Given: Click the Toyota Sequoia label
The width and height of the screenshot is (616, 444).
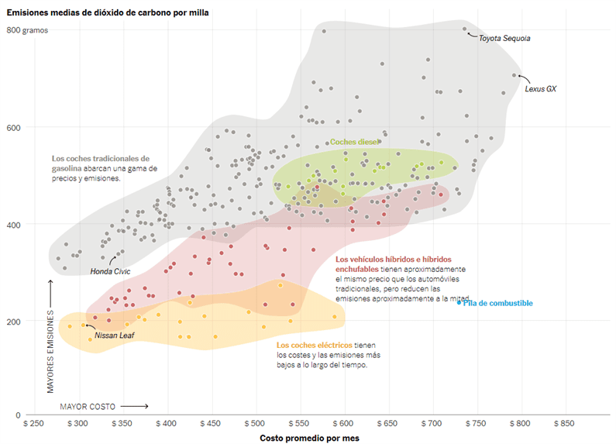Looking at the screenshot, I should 504,38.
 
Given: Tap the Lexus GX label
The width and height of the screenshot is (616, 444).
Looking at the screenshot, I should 540,89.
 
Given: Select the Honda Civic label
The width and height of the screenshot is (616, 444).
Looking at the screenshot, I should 111,271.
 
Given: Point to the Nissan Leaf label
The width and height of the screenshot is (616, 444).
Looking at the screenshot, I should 115,336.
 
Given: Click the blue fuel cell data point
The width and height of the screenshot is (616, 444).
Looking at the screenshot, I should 459,303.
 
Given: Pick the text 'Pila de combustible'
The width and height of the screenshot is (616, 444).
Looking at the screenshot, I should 498,303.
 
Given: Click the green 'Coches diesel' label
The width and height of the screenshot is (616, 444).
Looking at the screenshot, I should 353,142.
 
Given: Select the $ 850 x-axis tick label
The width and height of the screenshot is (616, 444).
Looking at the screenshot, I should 566,425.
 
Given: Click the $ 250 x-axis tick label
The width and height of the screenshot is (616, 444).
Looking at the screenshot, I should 34,425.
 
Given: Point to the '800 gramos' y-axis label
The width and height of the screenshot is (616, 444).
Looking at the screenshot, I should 27,30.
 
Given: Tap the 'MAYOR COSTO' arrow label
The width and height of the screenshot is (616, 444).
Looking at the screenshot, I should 88,406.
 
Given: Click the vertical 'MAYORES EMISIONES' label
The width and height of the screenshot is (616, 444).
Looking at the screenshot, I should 50,352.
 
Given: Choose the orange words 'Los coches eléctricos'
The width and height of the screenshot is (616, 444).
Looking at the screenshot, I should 314,345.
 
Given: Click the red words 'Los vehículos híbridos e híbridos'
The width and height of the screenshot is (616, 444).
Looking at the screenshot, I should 394,260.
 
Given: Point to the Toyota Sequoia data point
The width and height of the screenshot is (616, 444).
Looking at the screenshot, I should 465,29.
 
